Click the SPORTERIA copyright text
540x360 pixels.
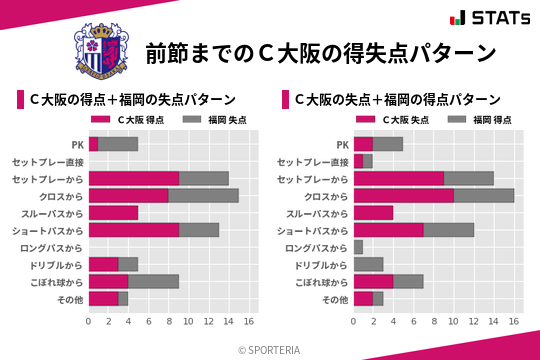270,349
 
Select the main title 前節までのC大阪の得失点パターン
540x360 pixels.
320,52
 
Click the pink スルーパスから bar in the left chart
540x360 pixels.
113,213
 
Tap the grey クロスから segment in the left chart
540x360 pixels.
203,196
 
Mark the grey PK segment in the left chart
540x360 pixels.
118,144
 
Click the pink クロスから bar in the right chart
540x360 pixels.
403,196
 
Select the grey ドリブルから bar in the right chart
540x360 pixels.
368,264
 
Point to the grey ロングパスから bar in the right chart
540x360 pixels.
358,247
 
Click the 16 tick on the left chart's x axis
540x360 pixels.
249,321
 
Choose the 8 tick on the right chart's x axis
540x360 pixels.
434,321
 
